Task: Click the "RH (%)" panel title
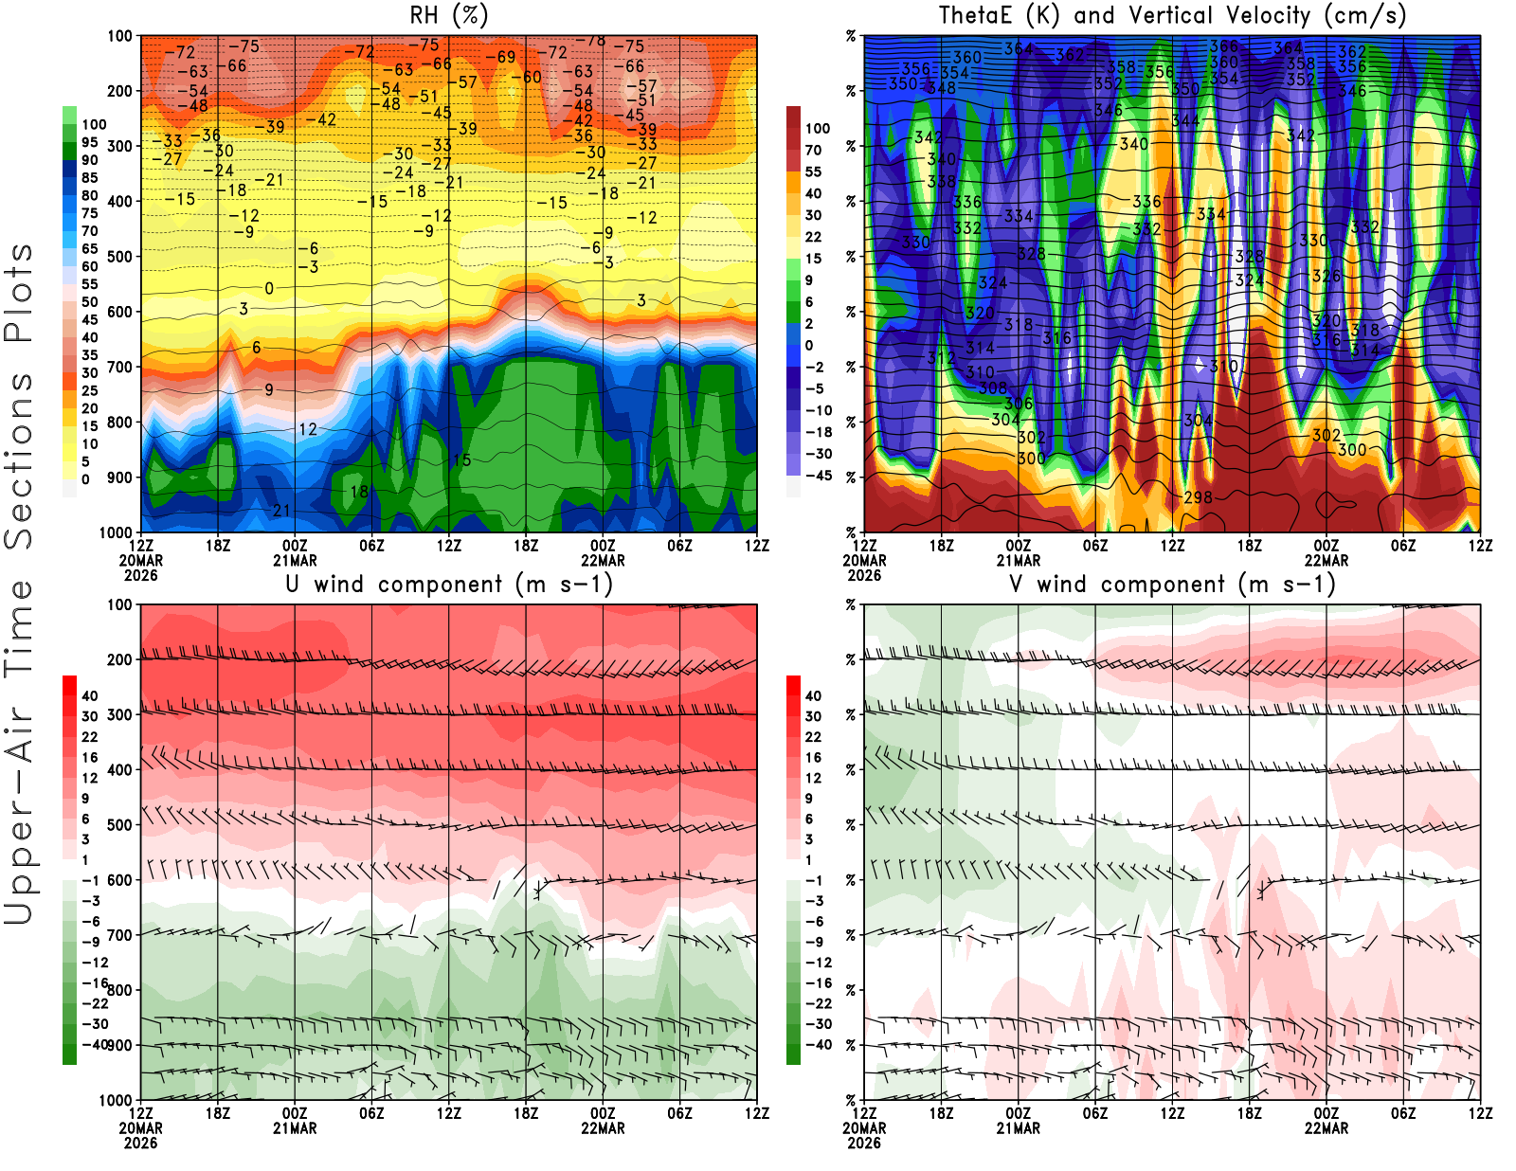click(x=448, y=16)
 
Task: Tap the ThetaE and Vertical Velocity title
click(x=1172, y=16)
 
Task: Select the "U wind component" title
click(x=449, y=585)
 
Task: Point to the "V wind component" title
click(x=1172, y=585)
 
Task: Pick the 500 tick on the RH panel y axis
click(x=120, y=257)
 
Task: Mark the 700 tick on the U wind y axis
click(x=120, y=935)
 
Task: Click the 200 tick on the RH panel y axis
click(x=120, y=91)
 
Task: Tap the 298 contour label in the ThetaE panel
click(x=1199, y=497)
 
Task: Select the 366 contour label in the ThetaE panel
click(x=1223, y=46)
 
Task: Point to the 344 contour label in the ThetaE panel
click(x=1185, y=120)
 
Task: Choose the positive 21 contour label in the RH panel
click(x=281, y=511)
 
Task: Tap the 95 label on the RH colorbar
click(x=90, y=142)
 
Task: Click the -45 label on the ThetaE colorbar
click(x=819, y=476)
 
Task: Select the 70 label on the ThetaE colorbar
click(x=814, y=150)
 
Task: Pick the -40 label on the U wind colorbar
click(x=95, y=1044)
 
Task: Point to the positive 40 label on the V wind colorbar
click(x=814, y=695)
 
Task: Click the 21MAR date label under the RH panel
click(x=295, y=561)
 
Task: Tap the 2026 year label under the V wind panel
click(x=864, y=1144)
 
